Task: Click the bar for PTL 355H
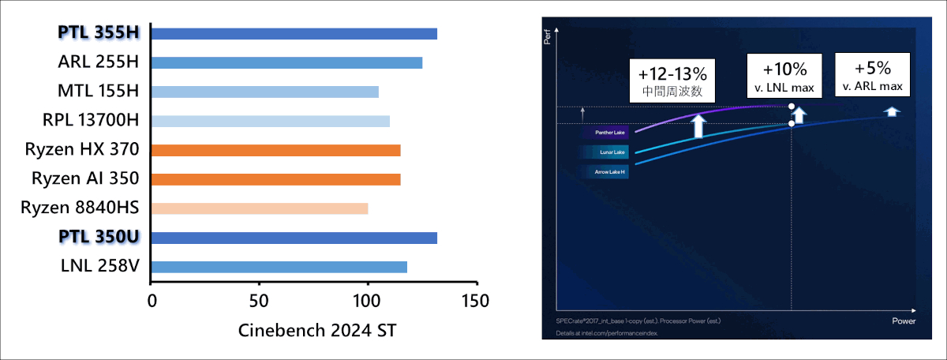[x=294, y=33]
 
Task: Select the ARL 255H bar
[x=286, y=62]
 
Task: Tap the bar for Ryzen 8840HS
[x=259, y=208]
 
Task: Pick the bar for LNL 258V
[x=279, y=267]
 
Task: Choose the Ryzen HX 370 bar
[x=275, y=150]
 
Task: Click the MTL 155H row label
[x=99, y=92]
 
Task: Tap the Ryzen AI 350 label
[x=85, y=179]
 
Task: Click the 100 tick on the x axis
[x=367, y=302]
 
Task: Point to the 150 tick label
[x=475, y=302]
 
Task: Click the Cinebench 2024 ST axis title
[x=317, y=331]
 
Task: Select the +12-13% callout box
[x=672, y=81]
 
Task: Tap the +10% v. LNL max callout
[x=785, y=73]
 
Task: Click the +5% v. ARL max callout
[x=872, y=73]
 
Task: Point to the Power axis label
[x=903, y=322]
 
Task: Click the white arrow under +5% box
[x=891, y=111]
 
